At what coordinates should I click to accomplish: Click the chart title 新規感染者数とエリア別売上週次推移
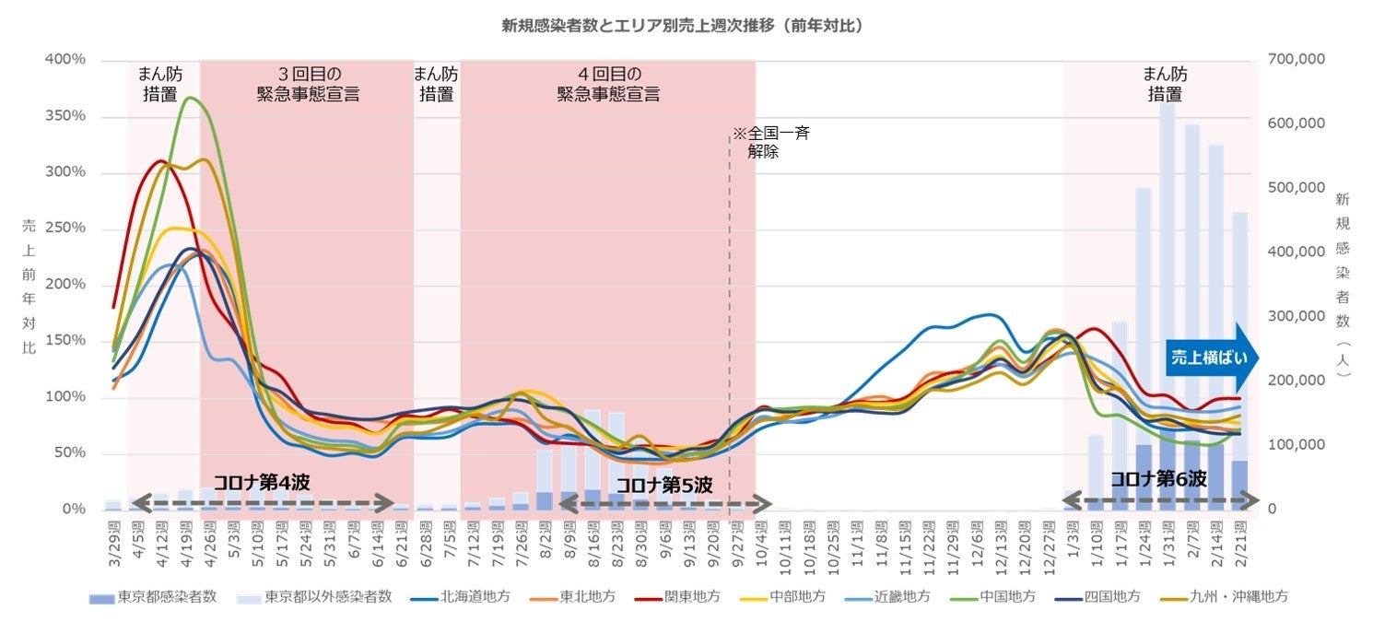coord(682,26)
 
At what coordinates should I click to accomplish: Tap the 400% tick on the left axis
coord(65,60)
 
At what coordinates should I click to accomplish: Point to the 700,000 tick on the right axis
coord(1297,60)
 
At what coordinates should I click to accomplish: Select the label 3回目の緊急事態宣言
coord(307,84)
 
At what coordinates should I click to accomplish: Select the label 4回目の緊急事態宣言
coord(608,84)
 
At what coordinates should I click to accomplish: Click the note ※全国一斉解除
coord(770,143)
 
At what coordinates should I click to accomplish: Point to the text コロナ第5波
coord(663,485)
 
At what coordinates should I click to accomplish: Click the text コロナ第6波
coord(1158,479)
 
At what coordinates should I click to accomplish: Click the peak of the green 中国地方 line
coord(191,98)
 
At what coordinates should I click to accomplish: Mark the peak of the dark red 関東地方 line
coord(161,161)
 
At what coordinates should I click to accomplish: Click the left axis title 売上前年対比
coord(29,286)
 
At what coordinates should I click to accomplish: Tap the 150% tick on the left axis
coord(65,341)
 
